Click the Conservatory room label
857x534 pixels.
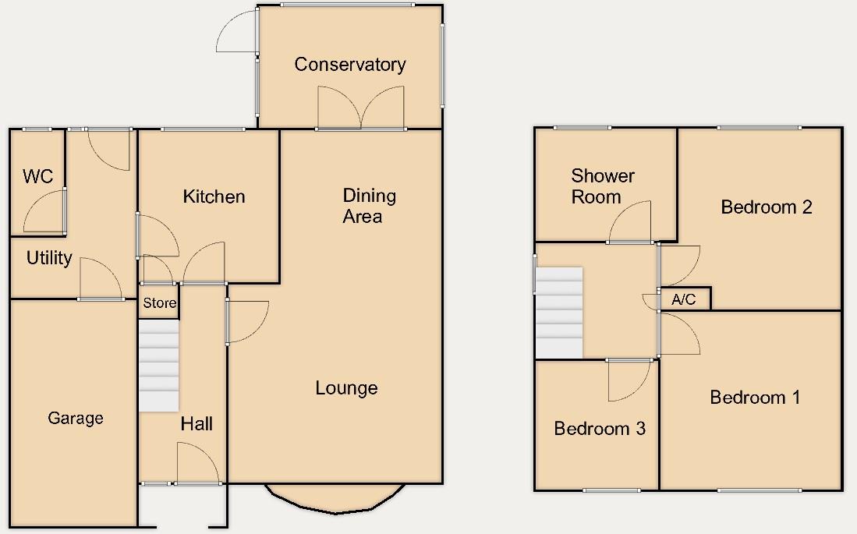point(349,65)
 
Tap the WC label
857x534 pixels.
point(37,176)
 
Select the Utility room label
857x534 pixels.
point(49,258)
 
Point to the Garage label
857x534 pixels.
point(76,419)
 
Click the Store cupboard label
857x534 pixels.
point(159,303)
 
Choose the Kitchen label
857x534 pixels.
point(214,196)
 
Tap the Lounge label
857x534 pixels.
point(346,388)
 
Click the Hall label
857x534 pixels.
point(197,424)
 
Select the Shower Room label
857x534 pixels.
point(602,186)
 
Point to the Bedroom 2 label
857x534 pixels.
point(767,207)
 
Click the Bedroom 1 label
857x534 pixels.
point(755,398)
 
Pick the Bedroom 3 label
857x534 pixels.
point(600,428)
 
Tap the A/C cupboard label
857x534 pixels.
point(684,299)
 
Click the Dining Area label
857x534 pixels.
point(369,206)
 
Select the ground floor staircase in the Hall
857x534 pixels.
point(159,367)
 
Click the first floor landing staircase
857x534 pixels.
point(559,312)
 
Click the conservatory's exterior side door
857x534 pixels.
point(238,33)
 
